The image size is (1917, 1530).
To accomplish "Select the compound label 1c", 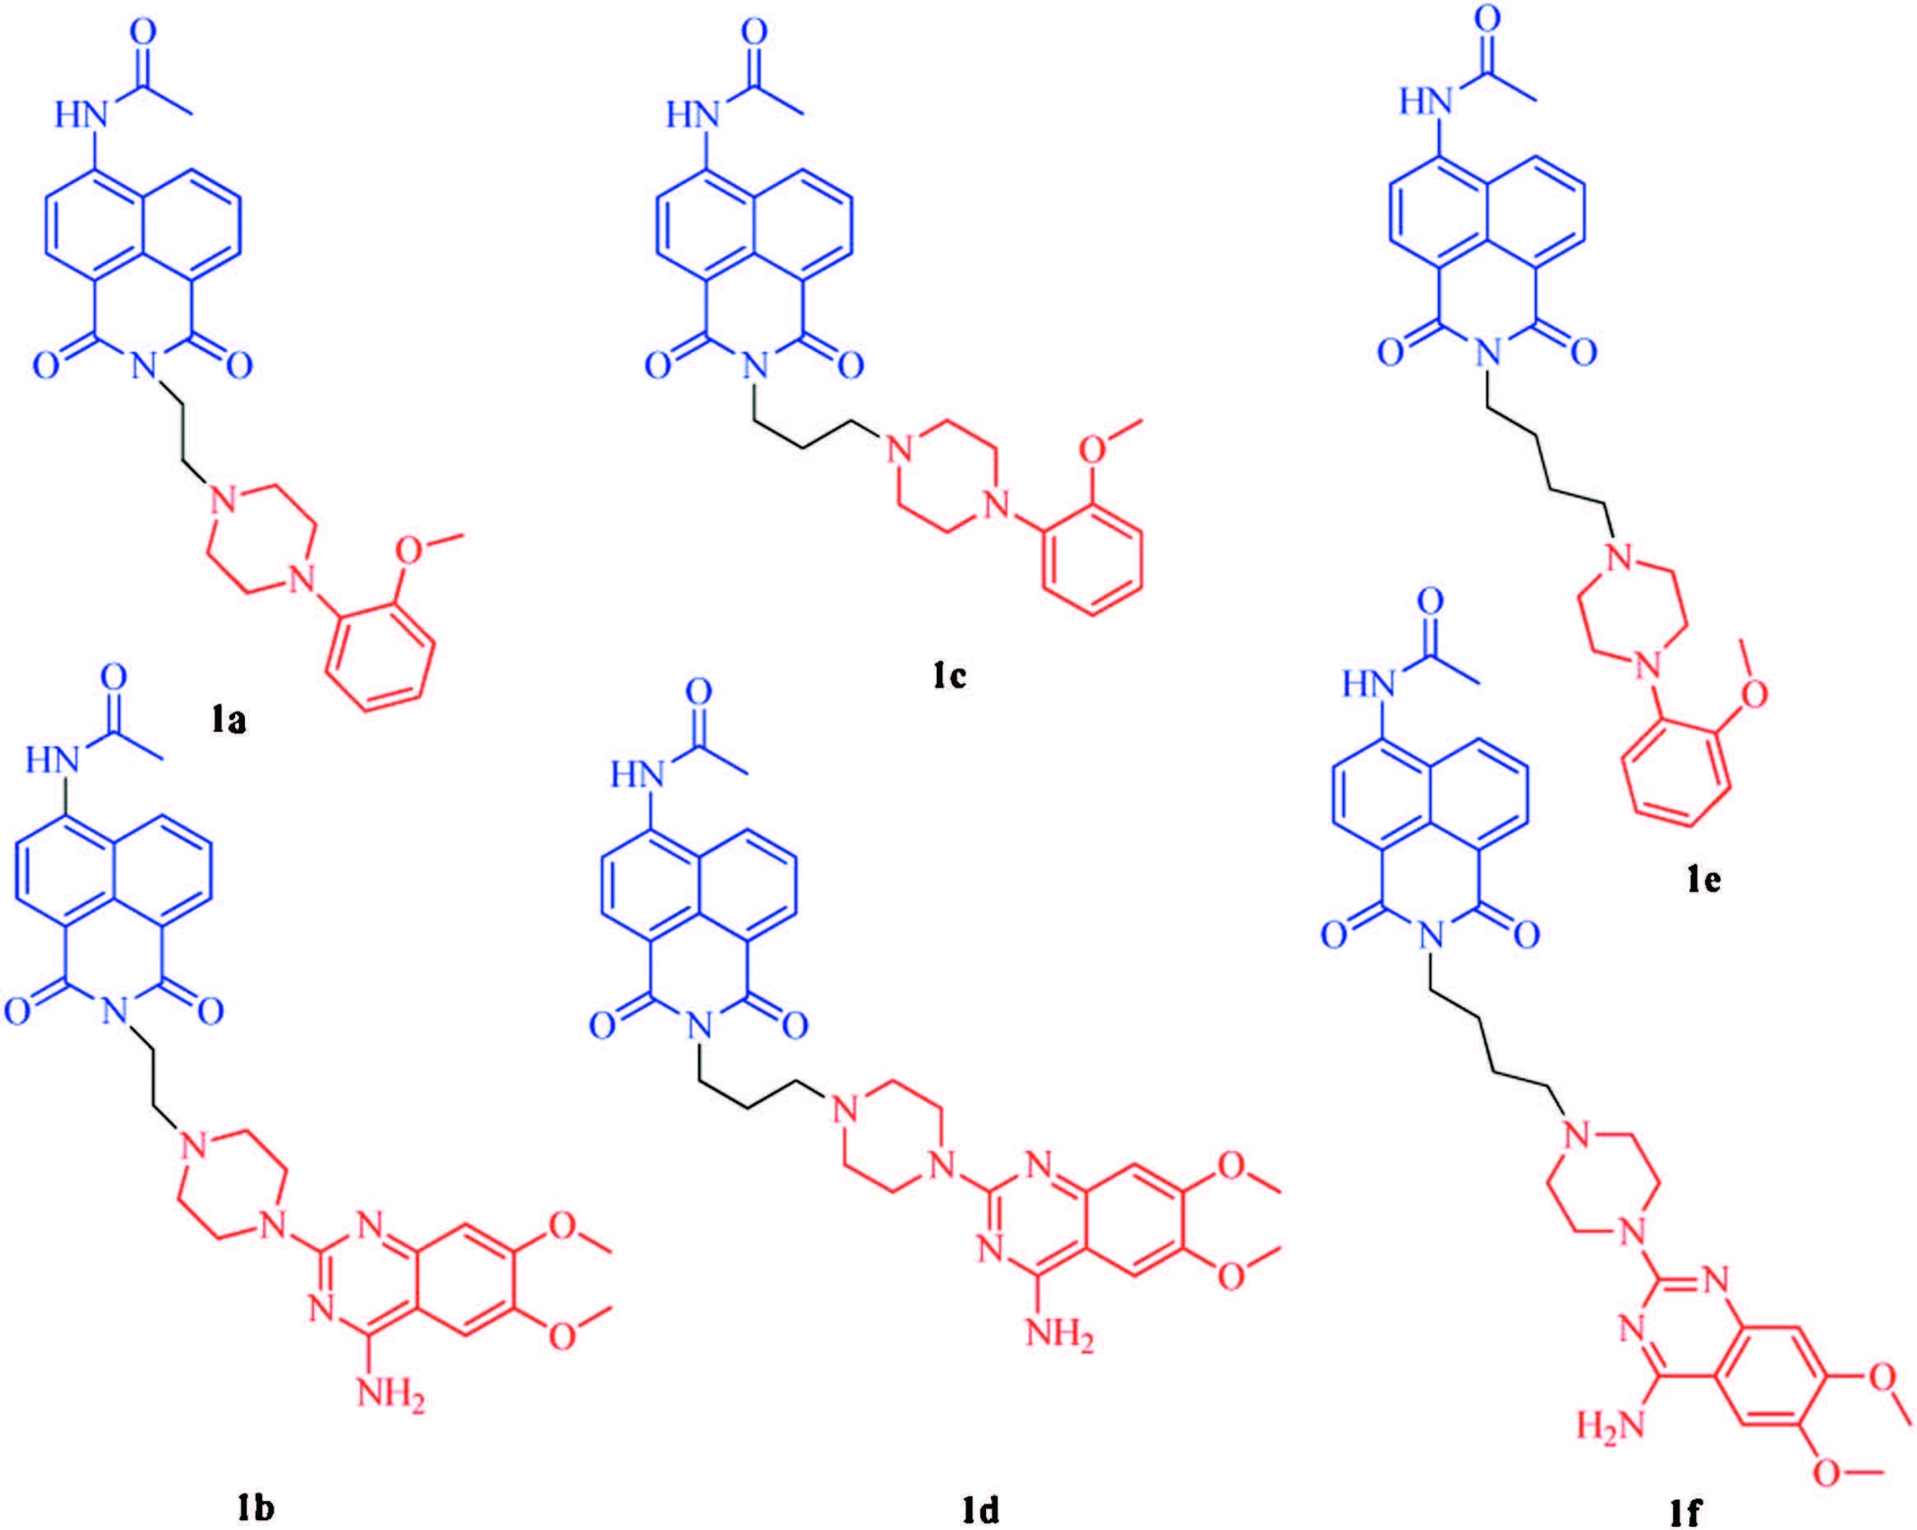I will point(949,675).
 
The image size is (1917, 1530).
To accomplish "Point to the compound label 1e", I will point(1703,878).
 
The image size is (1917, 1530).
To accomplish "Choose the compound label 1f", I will point(1683,1510).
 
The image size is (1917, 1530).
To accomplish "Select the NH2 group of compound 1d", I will point(1059,1335).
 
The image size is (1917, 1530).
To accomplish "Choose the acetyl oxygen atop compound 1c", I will point(755,33).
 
